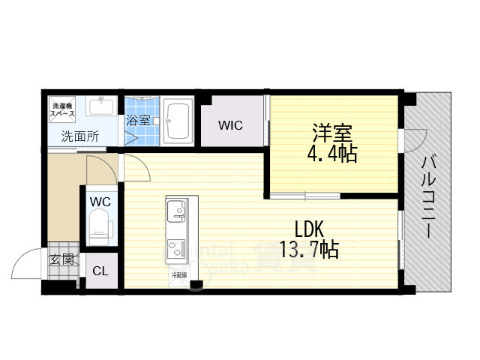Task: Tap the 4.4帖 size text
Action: (x=333, y=155)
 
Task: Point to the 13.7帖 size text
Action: (x=309, y=250)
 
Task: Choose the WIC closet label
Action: (x=230, y=126)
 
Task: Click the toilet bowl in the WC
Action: (x=100, y=224)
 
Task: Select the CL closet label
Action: (x=100, y=271)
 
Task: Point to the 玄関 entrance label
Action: (x=61, y=260)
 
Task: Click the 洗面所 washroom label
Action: (x=80, y=136)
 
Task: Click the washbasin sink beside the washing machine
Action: (x=100, y=107)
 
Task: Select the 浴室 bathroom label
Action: (x=137, y=120)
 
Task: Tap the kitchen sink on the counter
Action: (x=177, y=211)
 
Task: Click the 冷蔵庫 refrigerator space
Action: (x=178, y=274)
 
